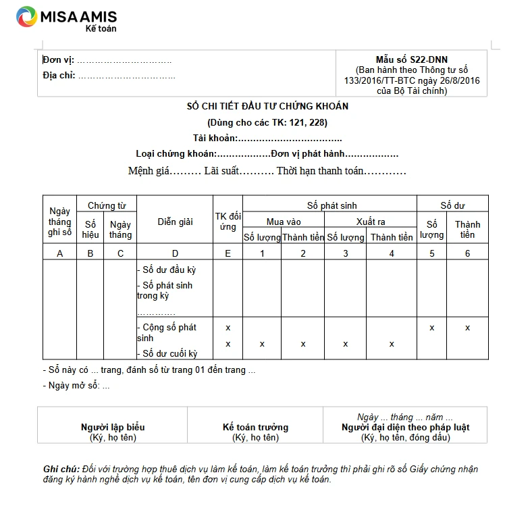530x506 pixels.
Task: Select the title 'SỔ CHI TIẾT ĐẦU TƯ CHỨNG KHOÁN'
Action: tap(267, 107)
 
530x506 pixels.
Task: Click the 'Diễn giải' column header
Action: tap(176, 222)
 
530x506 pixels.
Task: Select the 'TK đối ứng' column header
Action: tap(228, 222)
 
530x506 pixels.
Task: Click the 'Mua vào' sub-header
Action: tap(284, 222)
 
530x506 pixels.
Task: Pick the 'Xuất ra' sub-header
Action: tap(371, 222)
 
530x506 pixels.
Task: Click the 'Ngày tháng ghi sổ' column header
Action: tap(59, 222)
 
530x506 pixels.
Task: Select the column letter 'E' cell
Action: tap(228, 253)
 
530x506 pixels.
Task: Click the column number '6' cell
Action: tap(467, 253)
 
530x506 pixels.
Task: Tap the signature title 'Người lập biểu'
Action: tap(113, 427)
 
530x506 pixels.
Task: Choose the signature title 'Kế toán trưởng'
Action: tap(255, 427)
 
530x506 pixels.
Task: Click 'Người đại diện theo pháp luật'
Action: tap(405, 427)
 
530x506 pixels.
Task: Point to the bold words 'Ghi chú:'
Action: tap(61, 470)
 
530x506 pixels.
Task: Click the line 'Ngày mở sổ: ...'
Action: tap(76, 386)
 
